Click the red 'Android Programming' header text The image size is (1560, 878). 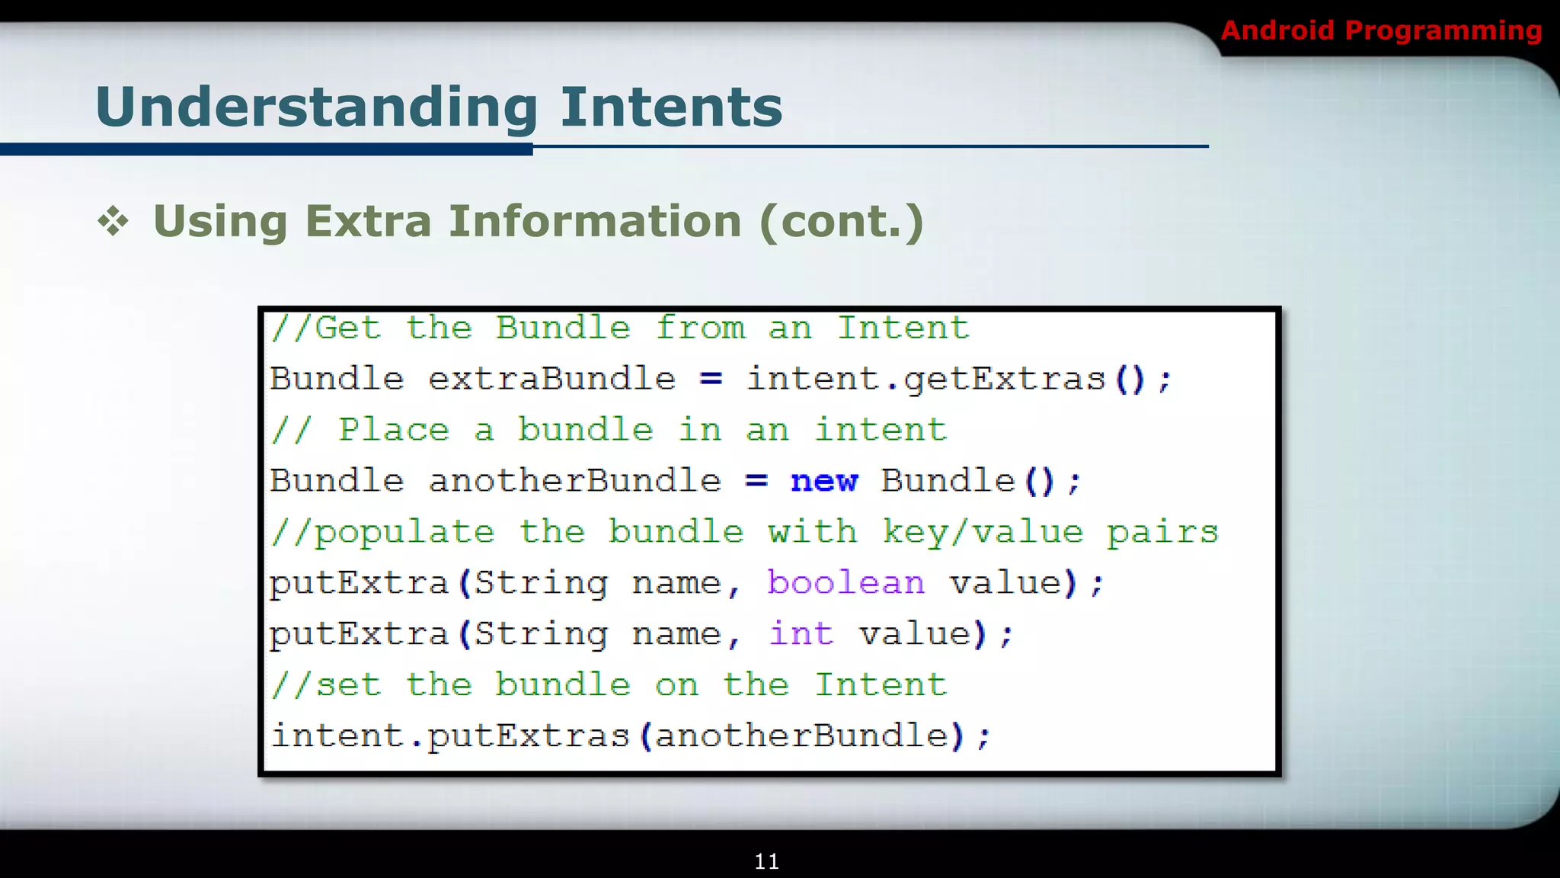1380,30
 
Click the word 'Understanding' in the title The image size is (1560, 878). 317,107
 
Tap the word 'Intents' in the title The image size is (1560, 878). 671,107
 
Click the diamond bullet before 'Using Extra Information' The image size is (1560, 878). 113,222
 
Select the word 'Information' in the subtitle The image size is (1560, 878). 595,222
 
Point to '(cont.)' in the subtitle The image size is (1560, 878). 842,222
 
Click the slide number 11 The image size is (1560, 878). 766,861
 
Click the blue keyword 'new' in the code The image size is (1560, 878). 824,482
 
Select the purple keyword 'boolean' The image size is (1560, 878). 846,584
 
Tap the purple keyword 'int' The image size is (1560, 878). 801,634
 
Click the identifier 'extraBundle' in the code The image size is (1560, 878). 551,380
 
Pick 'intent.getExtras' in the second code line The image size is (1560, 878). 925,380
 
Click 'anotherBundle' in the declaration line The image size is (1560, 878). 574,482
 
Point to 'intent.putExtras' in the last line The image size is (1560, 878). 450,736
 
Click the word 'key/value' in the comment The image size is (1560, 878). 983,533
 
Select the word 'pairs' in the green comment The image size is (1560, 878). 1162,533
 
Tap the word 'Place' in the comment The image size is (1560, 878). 394,431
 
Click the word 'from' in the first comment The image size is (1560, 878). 700,328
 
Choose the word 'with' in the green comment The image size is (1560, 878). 812,533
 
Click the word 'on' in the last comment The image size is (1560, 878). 676,685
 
